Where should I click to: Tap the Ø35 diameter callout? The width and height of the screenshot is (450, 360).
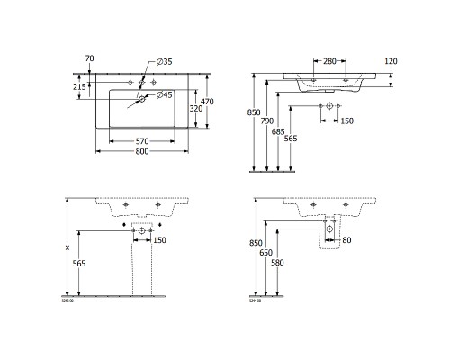coord(164,60)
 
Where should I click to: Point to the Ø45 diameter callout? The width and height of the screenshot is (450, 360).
coord(164,94)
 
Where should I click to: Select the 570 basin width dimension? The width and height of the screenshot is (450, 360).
coord(137,141)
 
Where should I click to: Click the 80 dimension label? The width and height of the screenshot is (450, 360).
coord(347,240)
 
